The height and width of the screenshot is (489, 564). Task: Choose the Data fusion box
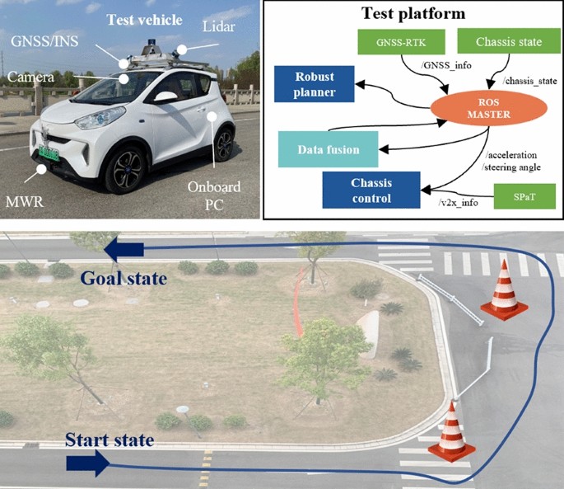click(329, 149)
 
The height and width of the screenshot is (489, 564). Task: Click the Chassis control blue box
click(371, 189)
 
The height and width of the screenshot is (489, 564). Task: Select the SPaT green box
click(524, 196)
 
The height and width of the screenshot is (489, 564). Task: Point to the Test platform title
click(412, 13)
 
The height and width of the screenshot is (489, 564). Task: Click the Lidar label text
click(219, 28)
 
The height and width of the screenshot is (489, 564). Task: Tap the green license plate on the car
click(48, 153)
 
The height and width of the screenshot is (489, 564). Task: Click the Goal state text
click(123, 279)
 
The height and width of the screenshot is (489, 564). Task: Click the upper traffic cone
click(505, 294)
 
